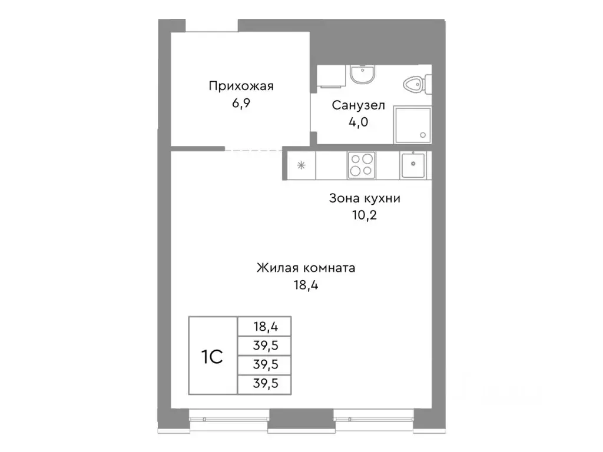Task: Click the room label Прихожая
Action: pyautogui.click(x=241, y=87)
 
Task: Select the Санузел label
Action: pyautogui.click(x=359, y=106)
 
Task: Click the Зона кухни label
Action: pyautogui.click(x=365, y=198)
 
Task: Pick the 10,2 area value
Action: pyautogui.click(x=365, y=215)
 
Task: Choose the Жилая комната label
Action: pyautogui.click(x=306, y=268)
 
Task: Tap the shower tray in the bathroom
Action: pyautogui.click(x=412, y=125)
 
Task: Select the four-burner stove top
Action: pyautogui.click(x=360, y=165)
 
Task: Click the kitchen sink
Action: pyautogui.click(x=413, y=165)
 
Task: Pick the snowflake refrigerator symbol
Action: pyautogui.click(x=301, y=165)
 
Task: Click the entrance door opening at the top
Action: pyautogui.click(x=212, y=26)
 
